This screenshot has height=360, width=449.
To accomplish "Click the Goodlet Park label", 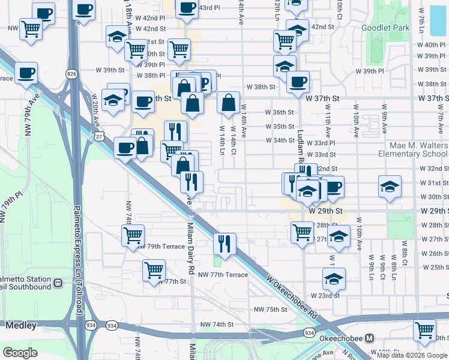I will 386,28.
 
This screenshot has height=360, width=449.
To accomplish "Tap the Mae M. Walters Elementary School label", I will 412,149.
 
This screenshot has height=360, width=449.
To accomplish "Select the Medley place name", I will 21,326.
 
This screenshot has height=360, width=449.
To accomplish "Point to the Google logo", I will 20,352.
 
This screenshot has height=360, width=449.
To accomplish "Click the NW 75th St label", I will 271,309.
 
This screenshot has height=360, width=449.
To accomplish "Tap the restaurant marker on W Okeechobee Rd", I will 225,243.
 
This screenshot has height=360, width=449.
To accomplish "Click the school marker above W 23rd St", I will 334,278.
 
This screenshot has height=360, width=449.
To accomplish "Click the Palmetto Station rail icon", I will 58,282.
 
